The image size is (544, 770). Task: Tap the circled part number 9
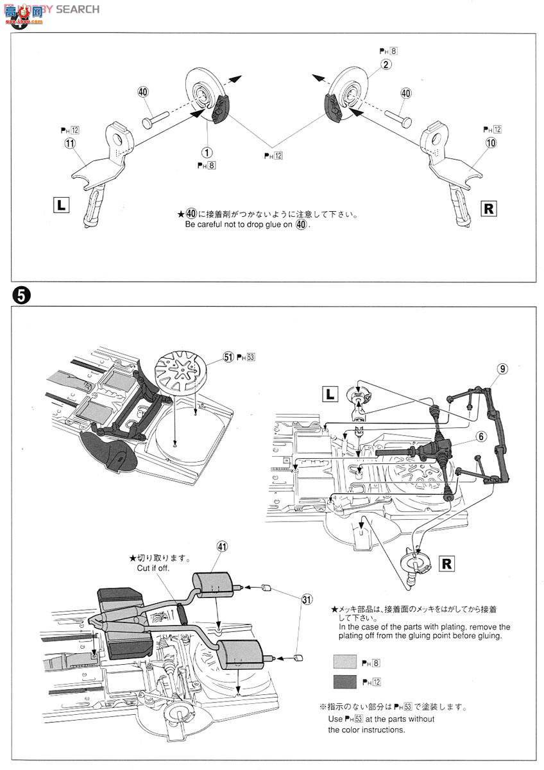[x=502, y=368]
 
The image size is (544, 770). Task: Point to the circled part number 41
[x=222, y=547]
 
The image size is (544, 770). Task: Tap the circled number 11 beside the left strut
[x=69, y=144]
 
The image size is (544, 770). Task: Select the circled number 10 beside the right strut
[x=491, y=143]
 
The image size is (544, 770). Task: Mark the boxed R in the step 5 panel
[x=447, y=564]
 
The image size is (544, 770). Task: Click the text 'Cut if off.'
[x=156, y=568]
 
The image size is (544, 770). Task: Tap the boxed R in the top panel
[x=488, y=209]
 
